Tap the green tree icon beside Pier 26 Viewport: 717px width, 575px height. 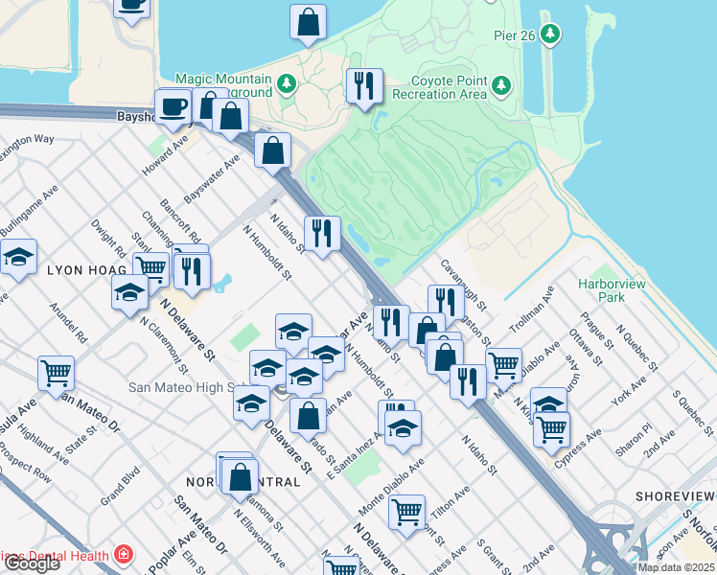[x=549, y=35]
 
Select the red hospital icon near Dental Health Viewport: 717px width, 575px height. [x=123, y=555]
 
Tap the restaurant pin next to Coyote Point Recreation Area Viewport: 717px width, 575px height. [x=363, y=86]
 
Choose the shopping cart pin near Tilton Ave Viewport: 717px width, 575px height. [x=407, y=512]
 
